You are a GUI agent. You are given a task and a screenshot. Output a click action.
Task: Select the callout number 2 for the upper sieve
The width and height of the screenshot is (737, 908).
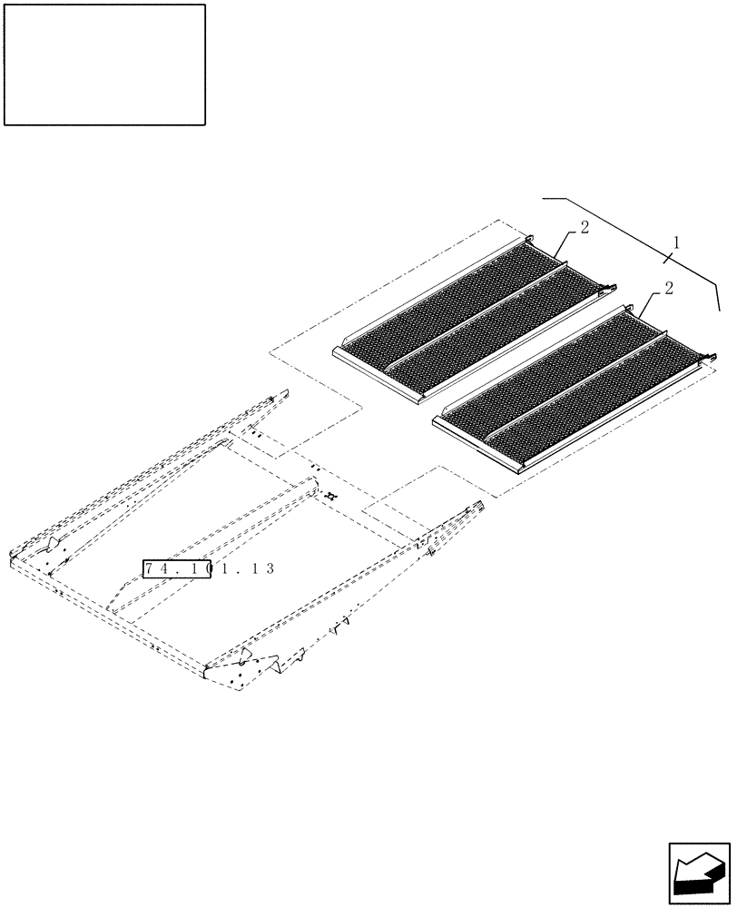(x=585, y=227)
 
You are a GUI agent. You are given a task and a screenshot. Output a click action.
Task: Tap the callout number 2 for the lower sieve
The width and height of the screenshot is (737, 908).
(x=668, y=289)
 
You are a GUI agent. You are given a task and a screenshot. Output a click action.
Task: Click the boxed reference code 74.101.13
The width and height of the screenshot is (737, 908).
(x=177, y=568)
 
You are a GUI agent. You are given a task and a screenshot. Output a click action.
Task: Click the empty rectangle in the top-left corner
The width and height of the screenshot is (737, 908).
(x=104, y=64)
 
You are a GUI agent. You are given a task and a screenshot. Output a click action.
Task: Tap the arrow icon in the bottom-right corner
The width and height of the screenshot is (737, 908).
(x=698, y=873)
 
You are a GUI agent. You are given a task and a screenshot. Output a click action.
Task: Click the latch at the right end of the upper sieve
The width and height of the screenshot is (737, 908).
(x=604, y=289)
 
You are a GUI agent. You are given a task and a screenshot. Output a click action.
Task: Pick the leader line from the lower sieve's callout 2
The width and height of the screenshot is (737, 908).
(x=650, y=303)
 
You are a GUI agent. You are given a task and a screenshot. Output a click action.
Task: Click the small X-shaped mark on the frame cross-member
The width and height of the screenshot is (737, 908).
(x=331, y=497)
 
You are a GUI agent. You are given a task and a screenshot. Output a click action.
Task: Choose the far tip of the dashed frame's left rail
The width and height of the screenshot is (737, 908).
(x=283, y=392)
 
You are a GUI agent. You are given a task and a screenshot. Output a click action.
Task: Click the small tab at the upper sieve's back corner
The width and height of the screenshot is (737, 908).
(x=529, y=239)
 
